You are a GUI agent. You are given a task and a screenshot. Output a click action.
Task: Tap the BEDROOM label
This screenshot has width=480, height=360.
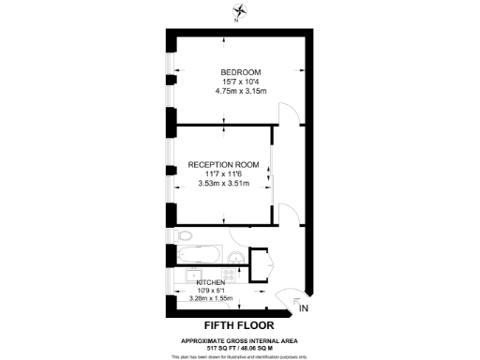click(240, 72)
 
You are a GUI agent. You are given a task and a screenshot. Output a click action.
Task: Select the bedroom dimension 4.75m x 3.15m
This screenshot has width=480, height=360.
click(241, 91)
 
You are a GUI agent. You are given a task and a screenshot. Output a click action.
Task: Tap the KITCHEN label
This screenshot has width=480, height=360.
click(211, 282)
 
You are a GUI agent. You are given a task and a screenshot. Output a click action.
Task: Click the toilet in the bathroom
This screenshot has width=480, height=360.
click(184, 234)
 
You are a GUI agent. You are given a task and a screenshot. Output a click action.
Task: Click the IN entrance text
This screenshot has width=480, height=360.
click(302, 307)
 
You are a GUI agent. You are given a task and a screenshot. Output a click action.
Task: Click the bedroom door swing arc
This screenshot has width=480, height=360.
click(292, 112)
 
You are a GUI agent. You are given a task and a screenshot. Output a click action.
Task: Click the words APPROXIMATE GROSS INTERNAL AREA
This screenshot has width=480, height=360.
click(239, 338)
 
